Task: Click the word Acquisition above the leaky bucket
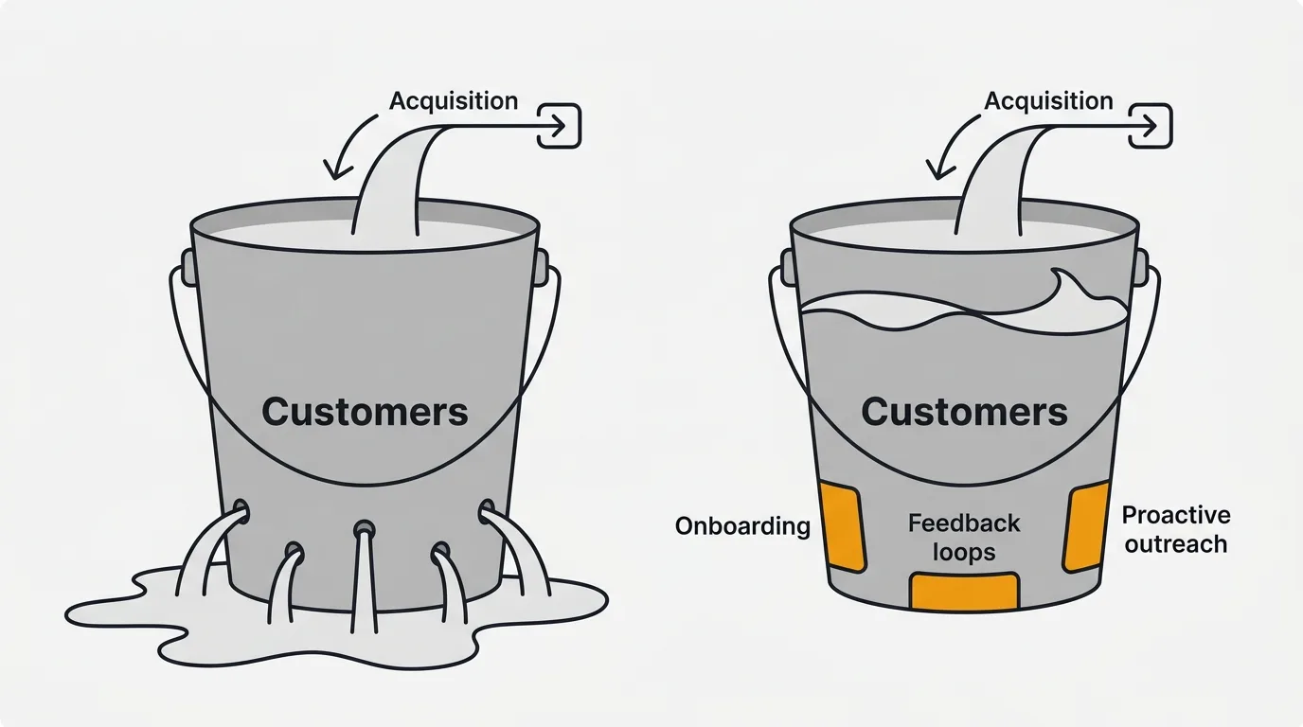454,100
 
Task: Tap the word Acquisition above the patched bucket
1048,100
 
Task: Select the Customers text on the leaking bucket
365,412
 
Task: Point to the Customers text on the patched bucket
964,412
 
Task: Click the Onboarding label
742,526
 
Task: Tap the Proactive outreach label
1175,529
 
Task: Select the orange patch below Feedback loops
964,592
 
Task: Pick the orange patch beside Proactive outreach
1086,526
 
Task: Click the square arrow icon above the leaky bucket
559,126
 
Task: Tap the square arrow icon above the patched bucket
1151,126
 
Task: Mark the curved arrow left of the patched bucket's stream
943,147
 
